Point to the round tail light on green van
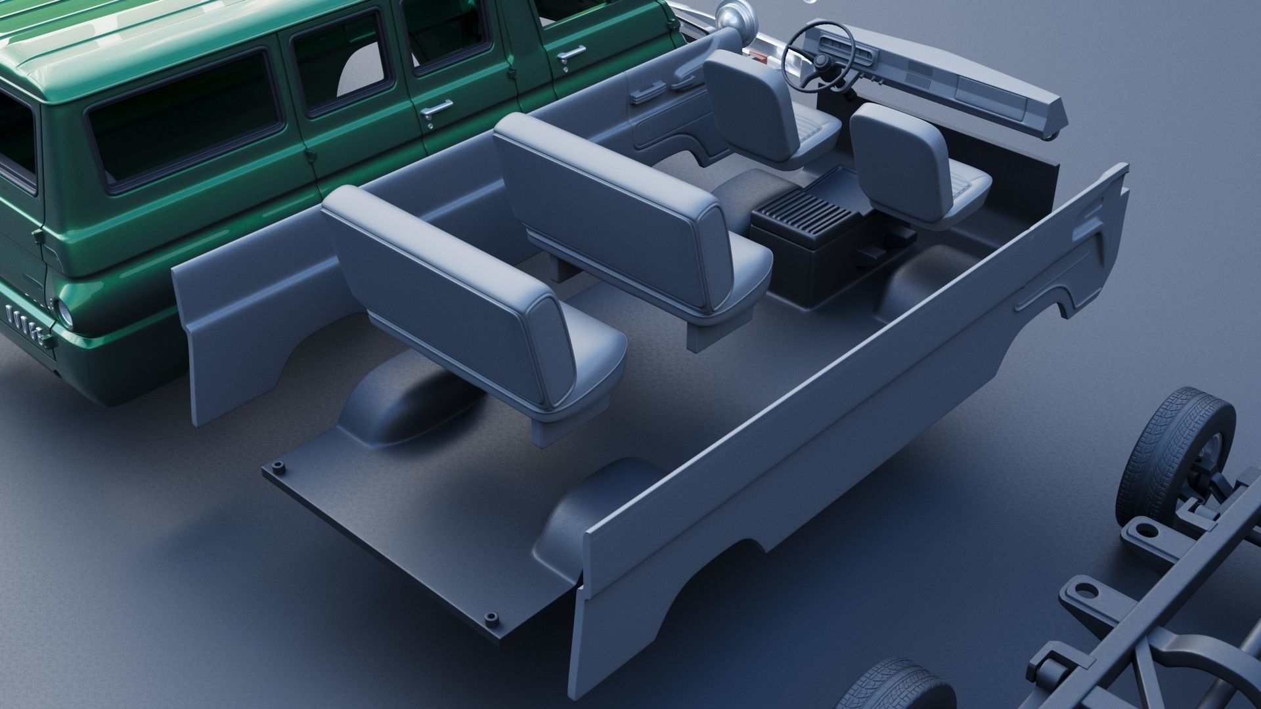pos(65,311)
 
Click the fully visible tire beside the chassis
pos(1176,453)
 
